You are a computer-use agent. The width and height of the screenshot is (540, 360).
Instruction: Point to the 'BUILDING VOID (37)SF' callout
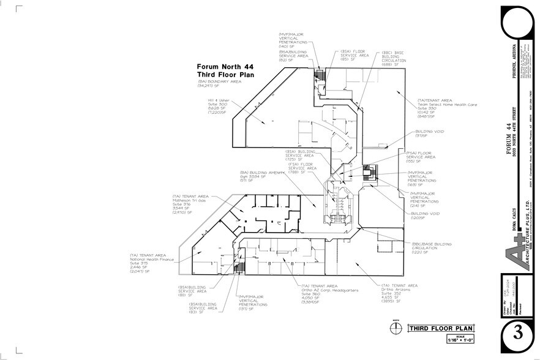(430, 133)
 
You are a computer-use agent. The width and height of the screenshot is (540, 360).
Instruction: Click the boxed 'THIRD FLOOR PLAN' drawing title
(436, 329)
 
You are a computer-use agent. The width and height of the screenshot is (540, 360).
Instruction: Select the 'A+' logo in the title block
(519, 251)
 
